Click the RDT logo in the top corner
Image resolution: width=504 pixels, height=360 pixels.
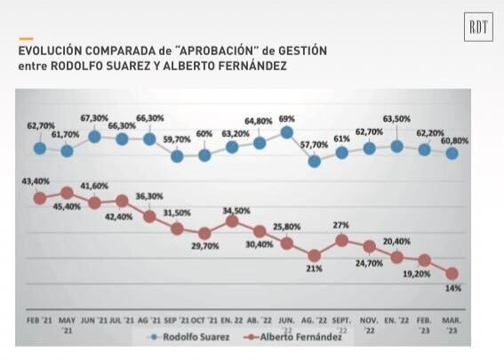(x=478, y=28)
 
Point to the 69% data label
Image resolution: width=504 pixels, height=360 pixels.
(x=286, y=118)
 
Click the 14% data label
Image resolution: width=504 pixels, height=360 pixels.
(x=453, y=288)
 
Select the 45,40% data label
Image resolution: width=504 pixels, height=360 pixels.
(x=68, y=207)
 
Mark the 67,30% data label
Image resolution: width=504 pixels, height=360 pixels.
(x=94, y=118)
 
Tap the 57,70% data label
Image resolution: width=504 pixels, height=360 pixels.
(x=314, y=144)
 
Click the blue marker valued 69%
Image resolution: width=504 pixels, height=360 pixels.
(x=286, y=132)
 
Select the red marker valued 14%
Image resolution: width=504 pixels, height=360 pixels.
(x=452, y=274)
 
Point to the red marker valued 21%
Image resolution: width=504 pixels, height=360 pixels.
(x=314, y=255)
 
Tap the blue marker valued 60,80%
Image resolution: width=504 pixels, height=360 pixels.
(x=452, y=153)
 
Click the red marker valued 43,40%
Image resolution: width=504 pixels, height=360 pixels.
(x=39, y=198)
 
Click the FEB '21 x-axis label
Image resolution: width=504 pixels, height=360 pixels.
(x=37, y=317)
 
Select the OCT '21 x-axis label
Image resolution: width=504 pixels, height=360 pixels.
(x=204, y=317)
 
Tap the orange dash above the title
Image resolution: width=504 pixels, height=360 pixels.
(x=26, y=39)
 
